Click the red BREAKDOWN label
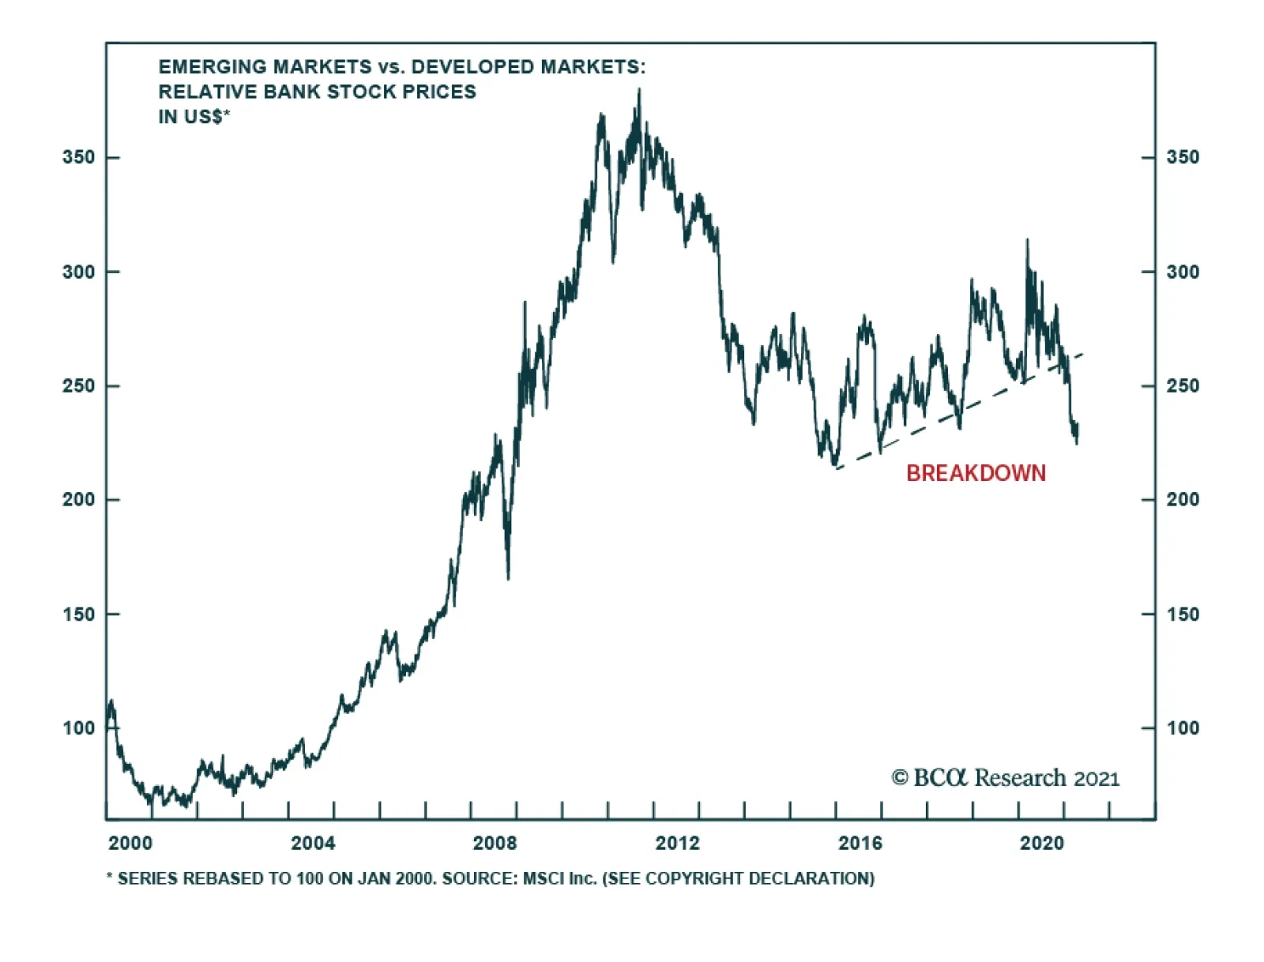tap(976, 473)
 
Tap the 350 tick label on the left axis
tap(78, 157)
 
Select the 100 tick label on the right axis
tap(1183, 728)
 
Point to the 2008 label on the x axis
tap(495, 844)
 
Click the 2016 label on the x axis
tap(860, 844)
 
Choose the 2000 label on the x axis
tap(130, 844)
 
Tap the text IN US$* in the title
tap(194, 117)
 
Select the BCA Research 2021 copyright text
tap(1006, 778)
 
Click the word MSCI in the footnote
tap(543, 879)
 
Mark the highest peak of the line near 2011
tap(639, 89)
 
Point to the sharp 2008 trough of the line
tap(508, 579)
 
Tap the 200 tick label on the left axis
tap(78, 500)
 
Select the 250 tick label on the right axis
tap(1183, 386)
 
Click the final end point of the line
tap(1078, 433)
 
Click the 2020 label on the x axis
tap(1042, 844)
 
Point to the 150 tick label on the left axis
tap(78, 614)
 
